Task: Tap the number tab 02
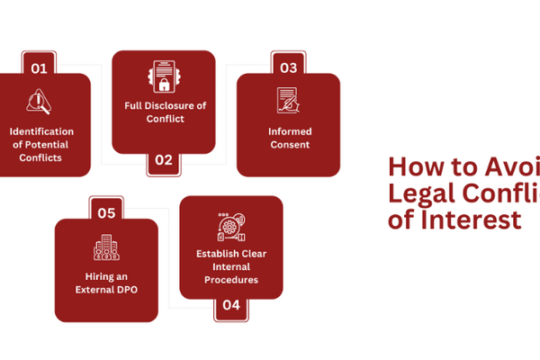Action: tap(163, 161)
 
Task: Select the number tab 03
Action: tap(288, 67)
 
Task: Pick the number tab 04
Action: tap(231, 305)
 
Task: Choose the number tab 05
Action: tap(106, 212)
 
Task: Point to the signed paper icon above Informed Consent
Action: tap(288, 100)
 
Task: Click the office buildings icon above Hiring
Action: tap(106, 247)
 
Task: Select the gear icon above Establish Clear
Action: tap(230, 226)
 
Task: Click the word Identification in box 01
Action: tap(41, 131)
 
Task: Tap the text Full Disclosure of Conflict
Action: tap(165, 112)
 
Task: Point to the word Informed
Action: tap(289, 130)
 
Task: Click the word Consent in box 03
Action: tap(289, 144)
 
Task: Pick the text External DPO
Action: tap(107, 290)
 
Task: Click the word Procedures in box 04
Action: tap(231, 280)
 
